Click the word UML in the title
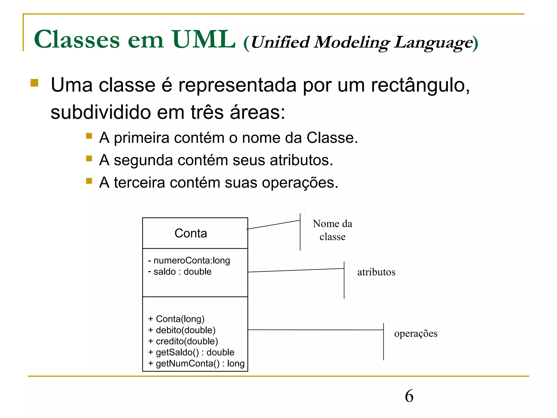[x=203, y=40]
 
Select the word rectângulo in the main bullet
[x=420, y=85]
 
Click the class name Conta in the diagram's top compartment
[x=191, y=233]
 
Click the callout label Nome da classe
[x=332, y=230]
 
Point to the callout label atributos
[x=376, y=272]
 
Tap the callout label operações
[x=416, y=333]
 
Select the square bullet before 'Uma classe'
[x=35, y=83]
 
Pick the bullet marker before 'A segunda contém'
[x=89, y=158]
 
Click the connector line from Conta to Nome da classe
[x=273, y=225]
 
